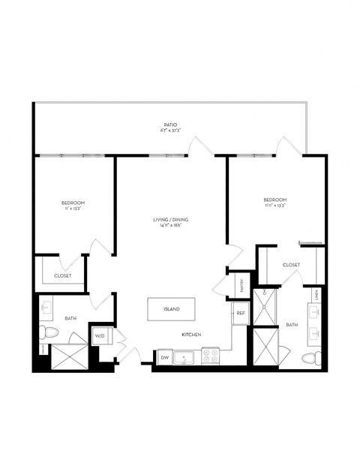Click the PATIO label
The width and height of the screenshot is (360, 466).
170,125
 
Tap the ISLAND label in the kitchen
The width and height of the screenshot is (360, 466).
172,308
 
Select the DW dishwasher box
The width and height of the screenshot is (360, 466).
164,358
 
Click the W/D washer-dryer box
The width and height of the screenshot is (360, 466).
100,335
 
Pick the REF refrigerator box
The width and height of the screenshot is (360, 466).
241,313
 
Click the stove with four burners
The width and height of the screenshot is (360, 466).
210,356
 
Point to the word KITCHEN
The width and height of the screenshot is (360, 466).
191,335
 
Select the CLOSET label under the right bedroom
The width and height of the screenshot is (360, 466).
292,265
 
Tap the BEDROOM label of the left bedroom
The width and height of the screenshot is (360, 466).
73,203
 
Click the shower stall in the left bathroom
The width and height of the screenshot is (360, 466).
70,356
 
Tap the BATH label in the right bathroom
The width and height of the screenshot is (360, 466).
292,325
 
